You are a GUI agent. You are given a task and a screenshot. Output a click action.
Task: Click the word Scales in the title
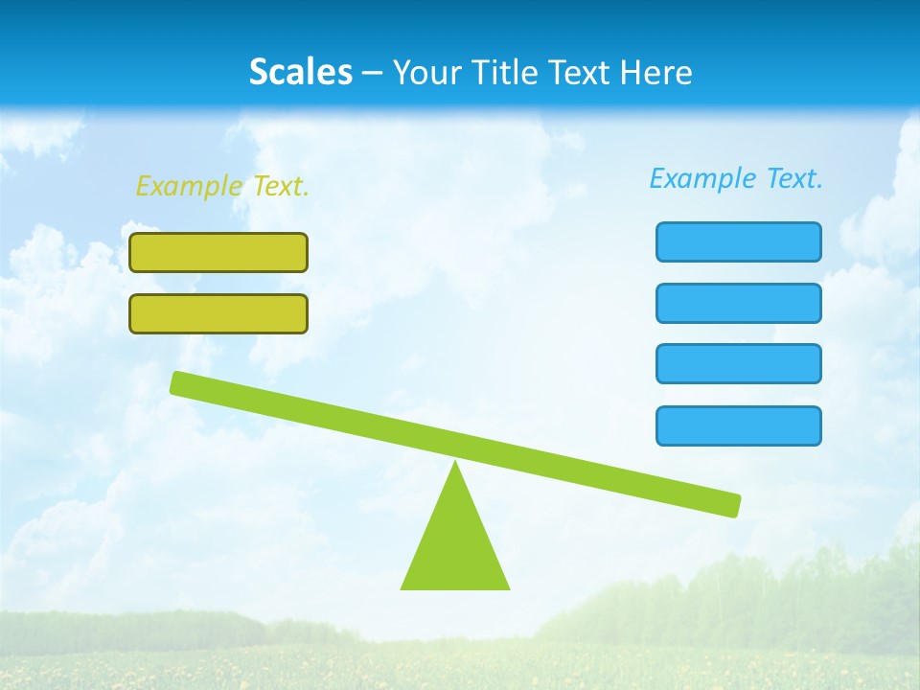[300, 72]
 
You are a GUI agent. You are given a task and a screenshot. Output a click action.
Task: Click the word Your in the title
[425, 72]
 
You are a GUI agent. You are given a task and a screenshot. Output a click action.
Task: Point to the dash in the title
[372, 73]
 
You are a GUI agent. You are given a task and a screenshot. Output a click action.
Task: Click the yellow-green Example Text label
[222, 186]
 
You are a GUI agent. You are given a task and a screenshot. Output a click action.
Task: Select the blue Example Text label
[736, 178]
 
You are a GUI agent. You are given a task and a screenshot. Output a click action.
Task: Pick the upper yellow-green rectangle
[218, 252]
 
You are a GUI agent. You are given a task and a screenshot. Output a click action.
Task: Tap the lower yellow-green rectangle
[218, 313]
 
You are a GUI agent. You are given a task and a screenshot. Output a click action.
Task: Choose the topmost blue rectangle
[738, 241]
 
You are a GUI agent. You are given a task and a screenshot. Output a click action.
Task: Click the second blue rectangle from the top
[738, 303]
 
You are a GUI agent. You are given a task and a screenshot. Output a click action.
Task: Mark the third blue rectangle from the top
[738, 363]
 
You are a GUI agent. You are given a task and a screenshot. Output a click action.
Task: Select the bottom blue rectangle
[738, 425]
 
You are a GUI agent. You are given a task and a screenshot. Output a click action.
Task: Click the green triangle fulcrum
[455, 546]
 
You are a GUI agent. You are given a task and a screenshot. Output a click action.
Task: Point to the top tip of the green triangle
[455, 465]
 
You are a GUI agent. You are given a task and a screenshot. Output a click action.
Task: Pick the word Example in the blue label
[702, 178]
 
